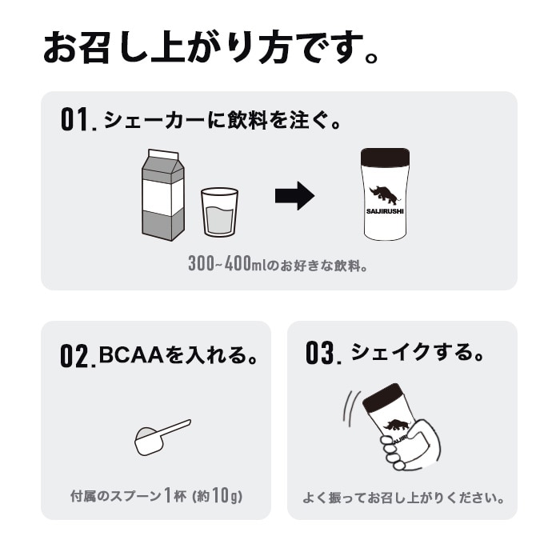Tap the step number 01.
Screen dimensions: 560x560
pyautogui.click(x=78, y=120)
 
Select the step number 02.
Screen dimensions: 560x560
pyautogui.click(x=78, y=354)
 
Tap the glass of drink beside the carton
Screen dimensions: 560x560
pyautogui.click(x=219, y=212)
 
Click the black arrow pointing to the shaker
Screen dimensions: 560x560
pyautogui.click(x=294, y=195)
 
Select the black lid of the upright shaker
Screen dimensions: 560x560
pyautogui.click(x=385, y=157)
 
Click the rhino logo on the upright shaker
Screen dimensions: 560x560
pyautogui.click(x=386, y=194)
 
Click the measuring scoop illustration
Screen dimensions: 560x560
pyautogui.click(x=161, y=437)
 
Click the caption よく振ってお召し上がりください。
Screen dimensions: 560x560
pyautogui.click(x=403, y=498)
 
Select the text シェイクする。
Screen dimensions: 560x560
pyautogui.click(x=418, y=352)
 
